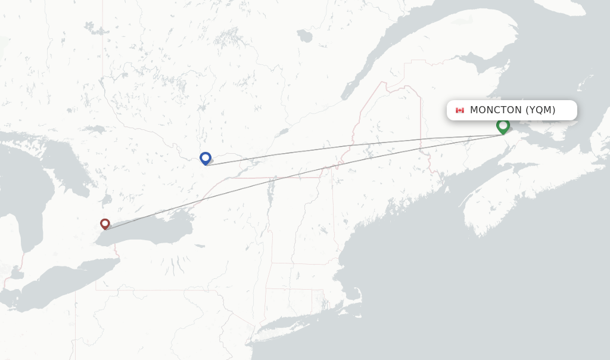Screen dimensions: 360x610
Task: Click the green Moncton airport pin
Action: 503,126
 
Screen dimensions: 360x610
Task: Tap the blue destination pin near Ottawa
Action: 206,158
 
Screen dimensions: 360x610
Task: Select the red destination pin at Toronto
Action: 105,224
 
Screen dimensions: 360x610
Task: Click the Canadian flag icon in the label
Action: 459,110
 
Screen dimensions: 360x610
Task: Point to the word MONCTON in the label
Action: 496,110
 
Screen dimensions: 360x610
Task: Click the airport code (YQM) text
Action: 540,110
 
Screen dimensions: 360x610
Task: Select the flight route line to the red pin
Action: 298,173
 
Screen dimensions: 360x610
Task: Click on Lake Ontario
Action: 155,229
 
